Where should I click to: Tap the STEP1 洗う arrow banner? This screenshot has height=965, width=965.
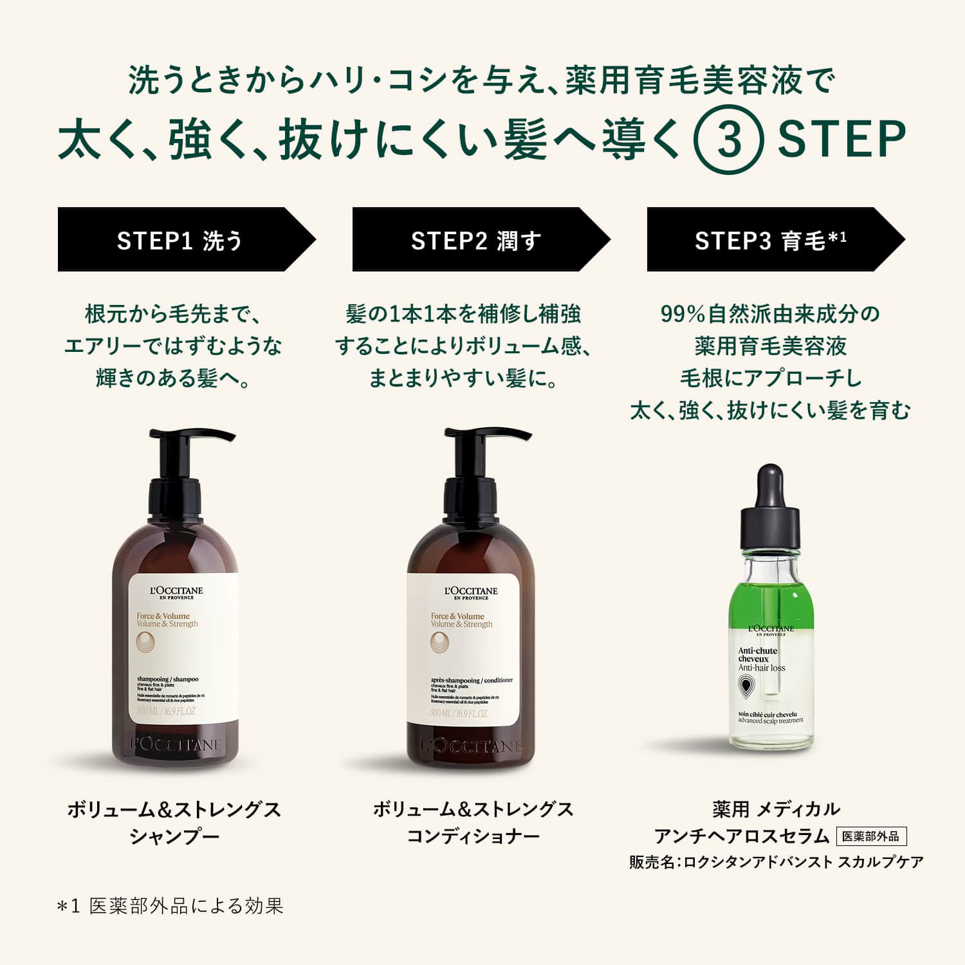pyautogui.click(x=179, y=240)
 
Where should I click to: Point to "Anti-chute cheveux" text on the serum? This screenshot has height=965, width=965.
pyautogui.click(x=758, y=654)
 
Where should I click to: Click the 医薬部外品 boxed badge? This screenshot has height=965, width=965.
pyautogui.click(x=871, y=836)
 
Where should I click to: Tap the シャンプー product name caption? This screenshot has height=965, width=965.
pyautogui.click(x=174, y=836)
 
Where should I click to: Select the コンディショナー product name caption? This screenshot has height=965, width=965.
pyautogui.click(x=473, y=836)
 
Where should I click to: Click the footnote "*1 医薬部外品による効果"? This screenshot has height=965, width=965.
pyautogui.click(x=170, y=906)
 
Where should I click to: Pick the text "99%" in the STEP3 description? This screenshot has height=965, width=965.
pyautogui.click(x=683, y=314)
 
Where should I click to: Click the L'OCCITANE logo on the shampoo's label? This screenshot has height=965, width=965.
pyautogui.click(x=176, y=591)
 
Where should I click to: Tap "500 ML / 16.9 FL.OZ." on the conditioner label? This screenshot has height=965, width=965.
pyautogui.click(x=459, y=713)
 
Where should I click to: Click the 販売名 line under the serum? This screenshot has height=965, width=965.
pyautogui.click(x=776, y=862)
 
